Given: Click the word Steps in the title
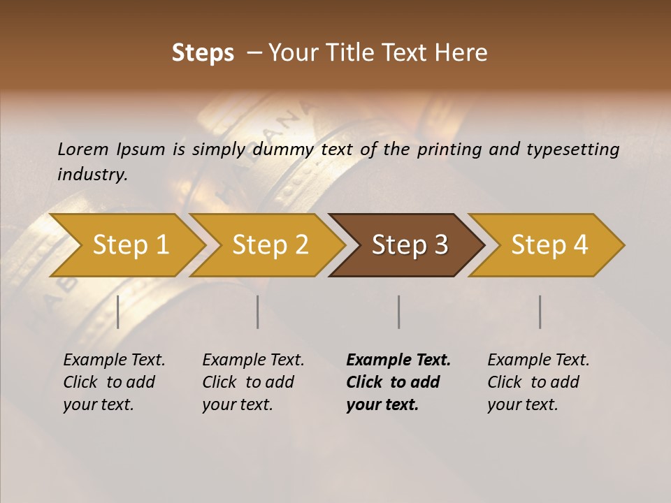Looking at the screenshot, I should click(x=203, y=53).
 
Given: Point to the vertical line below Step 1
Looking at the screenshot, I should click(x=118, y=312).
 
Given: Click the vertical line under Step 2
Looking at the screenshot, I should click(x=258, y=312).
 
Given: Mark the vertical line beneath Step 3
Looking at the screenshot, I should click(x=398, y=312).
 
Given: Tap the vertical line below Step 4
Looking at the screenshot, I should click(x=540, y=312).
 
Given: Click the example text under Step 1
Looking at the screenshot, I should click(x=114, y=382).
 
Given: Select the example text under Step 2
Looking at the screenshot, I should click(x=253, y=382).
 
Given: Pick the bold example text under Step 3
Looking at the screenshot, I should click(x=398, y=382).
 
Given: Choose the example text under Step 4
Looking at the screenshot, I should click(x=538, y=382).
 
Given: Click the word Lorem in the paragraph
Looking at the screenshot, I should click(x=83, y=150).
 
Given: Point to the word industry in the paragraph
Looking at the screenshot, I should click(x=92, y=174).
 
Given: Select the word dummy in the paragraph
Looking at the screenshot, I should click(x=284, y=150).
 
